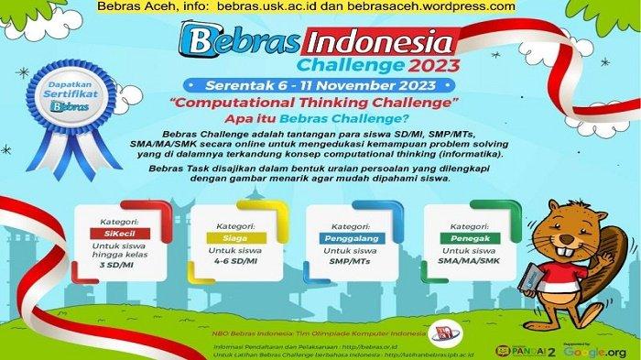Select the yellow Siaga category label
tap(221, 235)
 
